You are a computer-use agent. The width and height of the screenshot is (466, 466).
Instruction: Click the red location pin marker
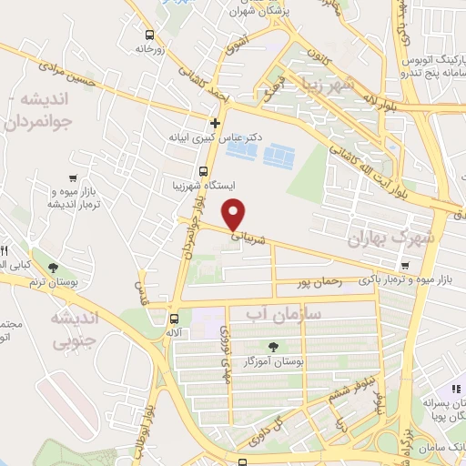point(235,214)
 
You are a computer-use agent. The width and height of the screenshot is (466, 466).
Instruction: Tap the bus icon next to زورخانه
point(148,36)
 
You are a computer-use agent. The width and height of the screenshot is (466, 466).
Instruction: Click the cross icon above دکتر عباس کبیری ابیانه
point(215,123)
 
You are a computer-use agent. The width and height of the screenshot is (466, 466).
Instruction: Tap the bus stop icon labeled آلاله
point(173,319)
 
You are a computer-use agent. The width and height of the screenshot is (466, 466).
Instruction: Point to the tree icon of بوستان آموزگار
point(273,345)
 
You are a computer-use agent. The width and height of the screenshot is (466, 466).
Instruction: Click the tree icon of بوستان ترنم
point(52,268)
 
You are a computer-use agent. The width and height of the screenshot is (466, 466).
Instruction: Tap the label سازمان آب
point(284,314)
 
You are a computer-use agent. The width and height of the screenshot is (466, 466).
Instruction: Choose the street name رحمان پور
point(319,283)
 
